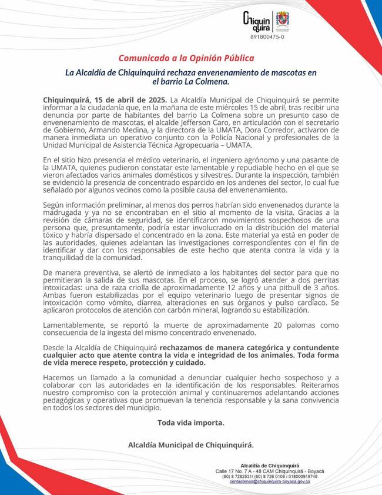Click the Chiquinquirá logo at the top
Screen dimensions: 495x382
[256, 21]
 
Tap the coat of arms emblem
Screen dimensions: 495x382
[283, 21]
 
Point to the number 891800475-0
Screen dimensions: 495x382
[267, 37]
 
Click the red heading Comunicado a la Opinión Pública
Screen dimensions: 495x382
[186, 58]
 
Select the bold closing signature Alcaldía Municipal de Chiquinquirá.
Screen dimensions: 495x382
[190, 445]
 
